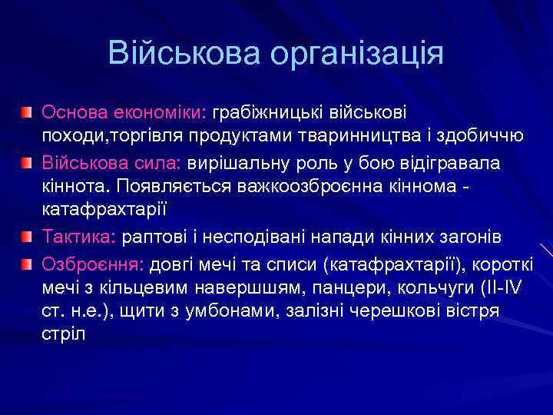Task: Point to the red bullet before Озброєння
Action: click(28, 265)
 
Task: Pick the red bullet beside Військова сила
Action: click(28, 164)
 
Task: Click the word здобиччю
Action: click(479, 136)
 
